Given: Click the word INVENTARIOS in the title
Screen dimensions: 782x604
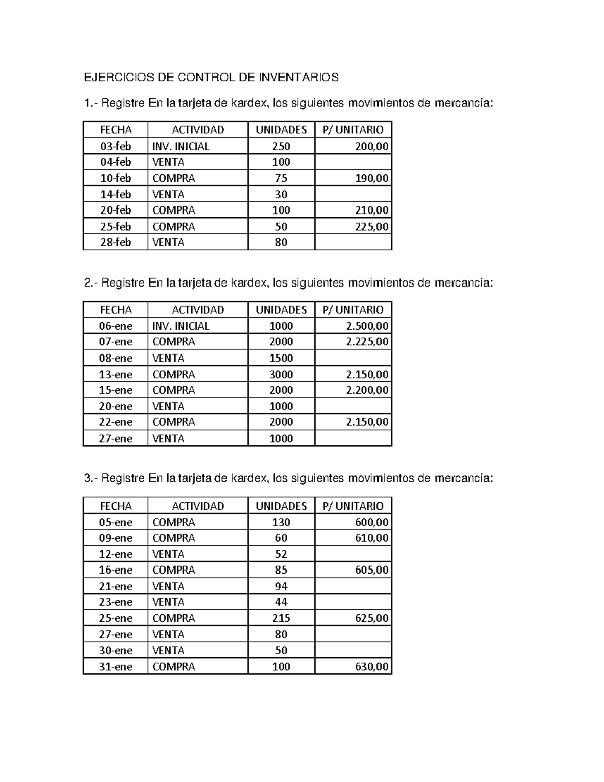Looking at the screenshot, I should tap(298, 77).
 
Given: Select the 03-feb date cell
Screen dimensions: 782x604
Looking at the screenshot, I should tap(115, 146).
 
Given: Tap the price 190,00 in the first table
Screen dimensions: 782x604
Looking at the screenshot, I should tap(372, 178).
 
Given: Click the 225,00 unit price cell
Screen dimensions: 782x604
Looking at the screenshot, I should tap(372, 226).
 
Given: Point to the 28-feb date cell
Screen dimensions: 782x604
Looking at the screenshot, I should tap(115, 242).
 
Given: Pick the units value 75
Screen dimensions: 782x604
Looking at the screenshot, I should tap(281, 178).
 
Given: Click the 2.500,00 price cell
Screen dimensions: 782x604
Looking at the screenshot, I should tap(367, 326).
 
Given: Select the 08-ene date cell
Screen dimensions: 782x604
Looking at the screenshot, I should tap(115, 358).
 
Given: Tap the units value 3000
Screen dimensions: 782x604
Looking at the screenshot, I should tap(281, 374).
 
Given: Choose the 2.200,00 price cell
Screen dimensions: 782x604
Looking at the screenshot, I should tap(367, 390).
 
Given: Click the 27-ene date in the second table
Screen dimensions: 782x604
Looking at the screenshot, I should tap(115, 438).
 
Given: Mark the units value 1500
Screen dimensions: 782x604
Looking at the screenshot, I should tap(281, 358).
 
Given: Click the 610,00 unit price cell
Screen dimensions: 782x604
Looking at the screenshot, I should tap(372, 538).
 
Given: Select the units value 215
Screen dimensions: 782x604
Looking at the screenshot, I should tap(281, 618).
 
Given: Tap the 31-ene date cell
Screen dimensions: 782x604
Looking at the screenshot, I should tap(115, 667).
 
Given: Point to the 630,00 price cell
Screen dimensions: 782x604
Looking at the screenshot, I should tap(372, 667).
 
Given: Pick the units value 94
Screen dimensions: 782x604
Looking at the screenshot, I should tap(281, 586).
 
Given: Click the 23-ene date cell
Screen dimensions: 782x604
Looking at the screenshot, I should tap(115, 602).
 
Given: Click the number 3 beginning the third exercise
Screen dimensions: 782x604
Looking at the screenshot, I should tap(87, 478).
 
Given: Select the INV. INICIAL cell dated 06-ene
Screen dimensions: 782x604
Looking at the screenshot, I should tap(181, 326).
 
